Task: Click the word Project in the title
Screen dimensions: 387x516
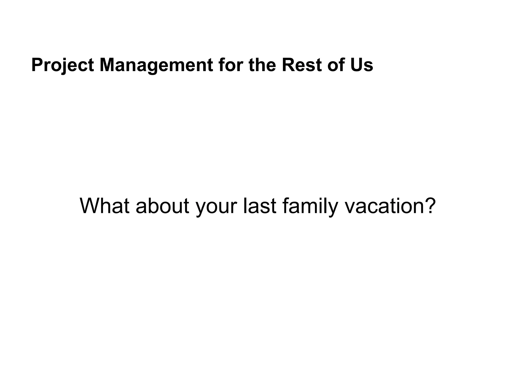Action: click(x=62, y=65)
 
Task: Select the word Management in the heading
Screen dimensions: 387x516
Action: click(x=156, y=65)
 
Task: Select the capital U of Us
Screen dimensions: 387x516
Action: click(x=357, y=65)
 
